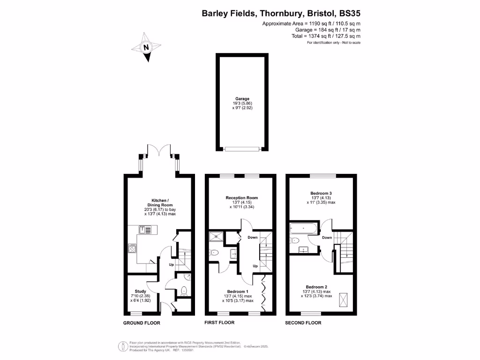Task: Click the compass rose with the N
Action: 147,47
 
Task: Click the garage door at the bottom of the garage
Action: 242,149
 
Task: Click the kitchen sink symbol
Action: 144,229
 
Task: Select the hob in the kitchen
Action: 132,249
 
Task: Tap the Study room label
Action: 141,292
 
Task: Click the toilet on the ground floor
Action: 184,290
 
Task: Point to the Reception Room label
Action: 242,198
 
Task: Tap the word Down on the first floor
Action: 252,238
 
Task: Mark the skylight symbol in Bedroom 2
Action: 342,297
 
